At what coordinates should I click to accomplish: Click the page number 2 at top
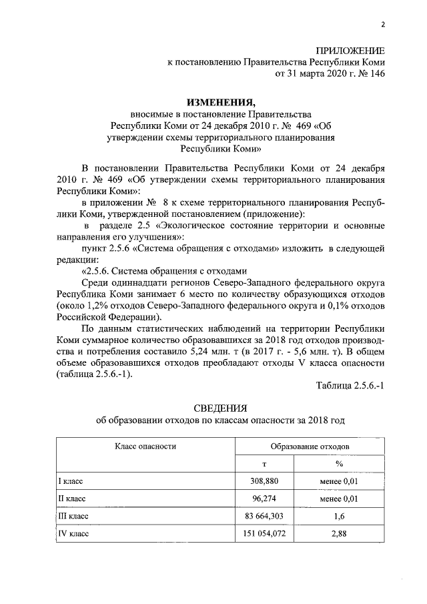383,25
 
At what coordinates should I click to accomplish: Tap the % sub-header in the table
338,463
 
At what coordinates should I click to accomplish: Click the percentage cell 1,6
338,516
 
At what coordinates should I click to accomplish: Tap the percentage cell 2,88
338,534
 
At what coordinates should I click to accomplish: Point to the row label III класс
74,516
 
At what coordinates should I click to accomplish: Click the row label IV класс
74,534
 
